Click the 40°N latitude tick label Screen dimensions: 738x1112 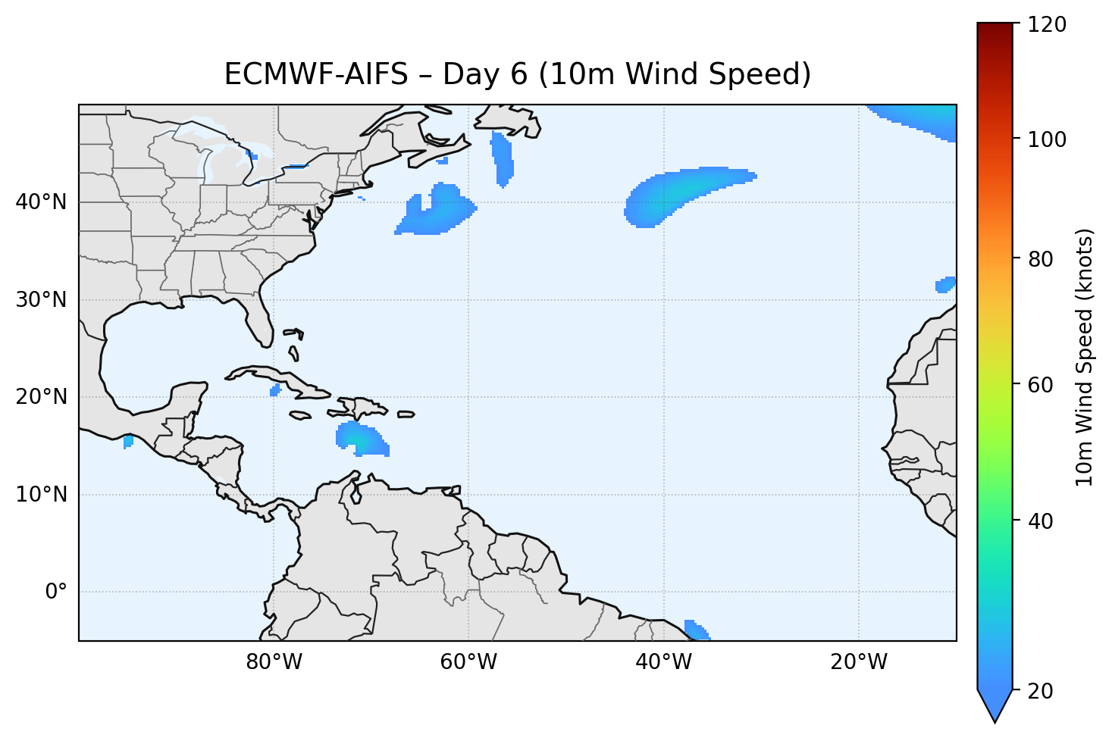coord(41,202)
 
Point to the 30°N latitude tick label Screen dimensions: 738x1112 coord(41,300)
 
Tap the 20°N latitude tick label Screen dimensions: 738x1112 coord(41,397)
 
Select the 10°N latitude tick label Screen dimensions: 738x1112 coord(41,495)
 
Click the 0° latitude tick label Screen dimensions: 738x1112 coord(56,592)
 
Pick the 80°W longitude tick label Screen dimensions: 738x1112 coord(274,662)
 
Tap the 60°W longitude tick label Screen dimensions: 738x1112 coord(468,662)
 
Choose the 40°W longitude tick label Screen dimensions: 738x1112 coord(663,662)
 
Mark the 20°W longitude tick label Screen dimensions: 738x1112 coord(858,662)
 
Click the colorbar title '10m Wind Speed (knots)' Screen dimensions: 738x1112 coord(1085,357)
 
